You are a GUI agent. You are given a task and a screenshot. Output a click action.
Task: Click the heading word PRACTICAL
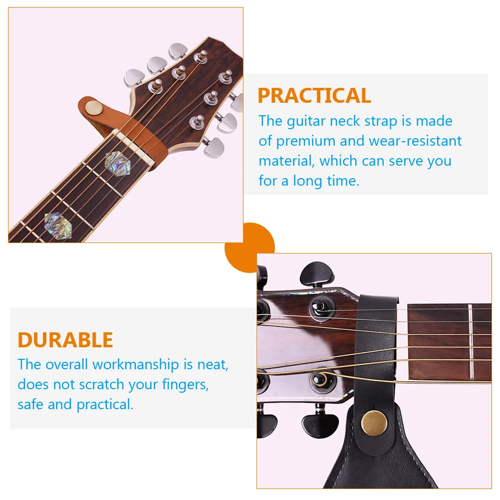314,95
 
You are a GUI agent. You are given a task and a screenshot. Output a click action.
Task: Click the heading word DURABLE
65,340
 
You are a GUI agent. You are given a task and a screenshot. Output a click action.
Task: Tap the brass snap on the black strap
374,423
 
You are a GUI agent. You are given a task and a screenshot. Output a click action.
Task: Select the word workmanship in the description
135,364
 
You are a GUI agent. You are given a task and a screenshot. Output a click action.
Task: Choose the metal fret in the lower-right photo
470,343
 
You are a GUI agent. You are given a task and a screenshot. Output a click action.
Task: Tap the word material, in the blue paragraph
286,161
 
